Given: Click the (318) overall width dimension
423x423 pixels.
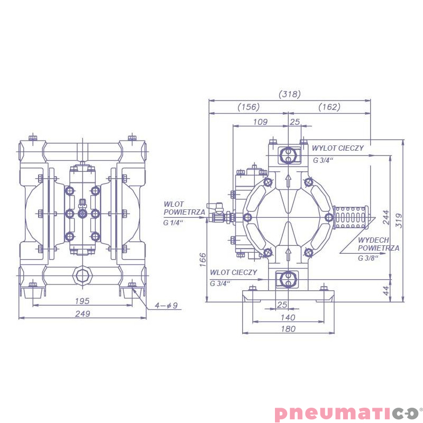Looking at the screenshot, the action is tap(289, 94).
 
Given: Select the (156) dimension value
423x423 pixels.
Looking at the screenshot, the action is tap(249, 107).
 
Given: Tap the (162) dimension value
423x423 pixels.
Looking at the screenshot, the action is tap(329, 107).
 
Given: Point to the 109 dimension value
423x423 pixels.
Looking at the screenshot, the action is tap(260, 122).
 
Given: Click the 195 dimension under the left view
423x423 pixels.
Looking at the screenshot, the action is tap(82, 301).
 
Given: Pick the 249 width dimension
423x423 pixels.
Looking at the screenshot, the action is tap(82, 314).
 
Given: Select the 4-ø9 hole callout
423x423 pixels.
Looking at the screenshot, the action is tap(166, 306).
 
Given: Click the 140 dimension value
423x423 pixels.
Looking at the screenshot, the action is tap(288, 318).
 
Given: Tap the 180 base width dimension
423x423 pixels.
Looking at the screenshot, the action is tap(288, 329).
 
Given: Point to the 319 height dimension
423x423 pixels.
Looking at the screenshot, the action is tap(399, 220).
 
